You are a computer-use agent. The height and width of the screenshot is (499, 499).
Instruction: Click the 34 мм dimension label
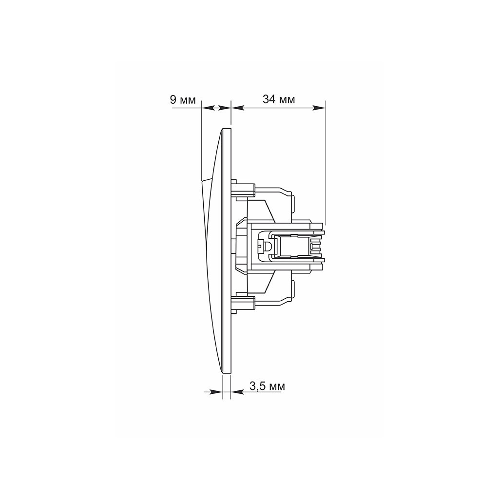[x=279, y=99]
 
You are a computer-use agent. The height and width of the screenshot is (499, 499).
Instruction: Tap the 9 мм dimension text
[x=183, y=99]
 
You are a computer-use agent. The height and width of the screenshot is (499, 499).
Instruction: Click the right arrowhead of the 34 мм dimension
[x=319, y=108]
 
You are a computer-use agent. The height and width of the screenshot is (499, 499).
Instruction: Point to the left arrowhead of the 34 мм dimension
[x=237, y=108]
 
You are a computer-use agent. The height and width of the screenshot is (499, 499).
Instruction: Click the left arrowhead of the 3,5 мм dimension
[x=216, y=392]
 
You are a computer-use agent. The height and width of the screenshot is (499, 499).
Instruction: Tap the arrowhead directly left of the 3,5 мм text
[x=237, y=392]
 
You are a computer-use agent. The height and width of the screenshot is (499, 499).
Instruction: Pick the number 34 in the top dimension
[x=269, y=99]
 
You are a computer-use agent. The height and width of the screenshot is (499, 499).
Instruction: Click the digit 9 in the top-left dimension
[x=173, y=99]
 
